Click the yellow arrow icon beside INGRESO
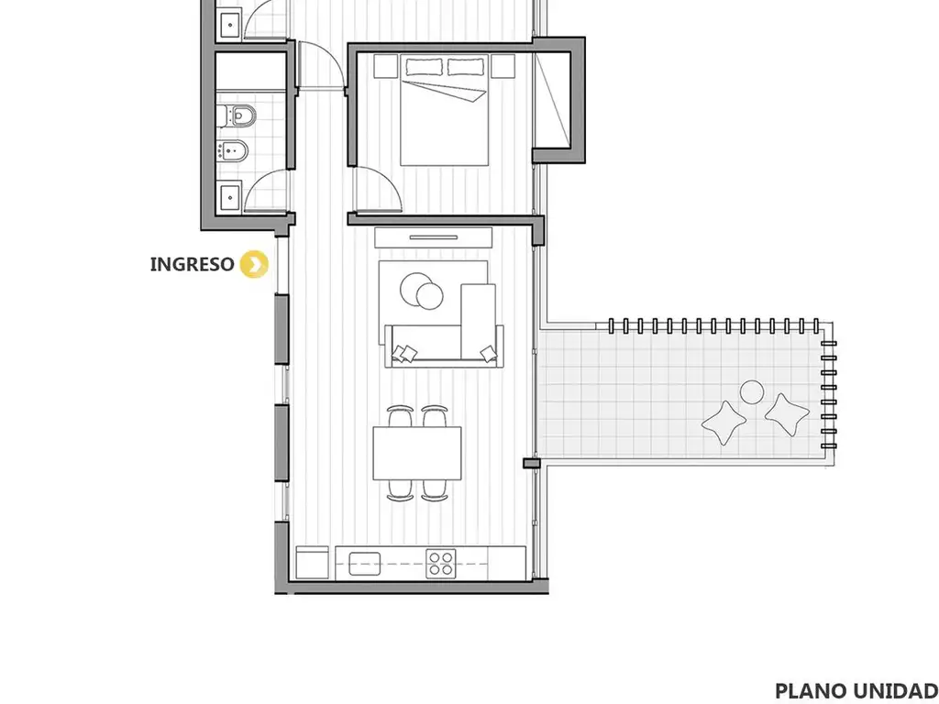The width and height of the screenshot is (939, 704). coord(254,264)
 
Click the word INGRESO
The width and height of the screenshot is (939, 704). coord(192,264)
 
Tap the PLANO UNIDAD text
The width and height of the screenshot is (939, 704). coord(856,690)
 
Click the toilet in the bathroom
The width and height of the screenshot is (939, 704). coord(238,115)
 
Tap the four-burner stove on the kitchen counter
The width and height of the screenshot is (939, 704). coord(441,564)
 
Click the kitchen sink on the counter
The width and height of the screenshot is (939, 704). coord(365,564)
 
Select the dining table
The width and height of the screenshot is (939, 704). coord(417,453)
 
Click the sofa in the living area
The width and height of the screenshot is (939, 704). coord(444,346)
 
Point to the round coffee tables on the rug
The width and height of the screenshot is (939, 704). coord(422,291)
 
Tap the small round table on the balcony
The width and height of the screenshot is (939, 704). coord(752,392)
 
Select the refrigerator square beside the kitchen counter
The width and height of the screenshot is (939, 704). coord(313,563)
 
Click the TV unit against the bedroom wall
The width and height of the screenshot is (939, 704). coord(434,237)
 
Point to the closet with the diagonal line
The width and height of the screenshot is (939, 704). coord(551,99)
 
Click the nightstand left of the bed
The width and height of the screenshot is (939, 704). coord(386,66)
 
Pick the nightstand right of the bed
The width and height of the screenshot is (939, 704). coord(503,66)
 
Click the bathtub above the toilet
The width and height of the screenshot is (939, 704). coord(250,71)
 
